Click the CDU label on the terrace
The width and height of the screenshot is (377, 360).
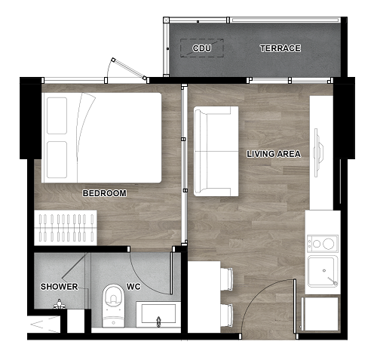(202, 48)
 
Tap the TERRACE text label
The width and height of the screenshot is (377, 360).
(280, 48)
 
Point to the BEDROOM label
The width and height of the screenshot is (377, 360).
(105, 193)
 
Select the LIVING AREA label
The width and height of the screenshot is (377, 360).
(274, 154)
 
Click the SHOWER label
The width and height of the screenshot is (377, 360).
(60, 287)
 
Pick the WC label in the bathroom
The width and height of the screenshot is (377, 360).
(133, 287)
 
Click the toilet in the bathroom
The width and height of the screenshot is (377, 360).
(113, 306)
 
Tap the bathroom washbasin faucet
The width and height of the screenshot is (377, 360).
(158, 322)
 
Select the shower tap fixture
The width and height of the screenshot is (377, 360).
(59, 304)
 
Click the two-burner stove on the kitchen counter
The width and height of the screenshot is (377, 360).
(323, 243)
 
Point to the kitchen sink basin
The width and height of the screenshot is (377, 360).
(323, 271)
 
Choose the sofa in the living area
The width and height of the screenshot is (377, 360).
(216, 151)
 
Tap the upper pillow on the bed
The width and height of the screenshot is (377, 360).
(57, 115)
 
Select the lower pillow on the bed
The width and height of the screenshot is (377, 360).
(57, 160)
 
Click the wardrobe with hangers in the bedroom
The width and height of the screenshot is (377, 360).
(66, 228)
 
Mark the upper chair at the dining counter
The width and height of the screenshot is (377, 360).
(227, 279)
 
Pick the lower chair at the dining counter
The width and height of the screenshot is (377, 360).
(227, 315)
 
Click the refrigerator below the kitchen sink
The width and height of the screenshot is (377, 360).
(320, 314)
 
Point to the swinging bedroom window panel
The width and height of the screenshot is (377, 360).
(129, 69)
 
